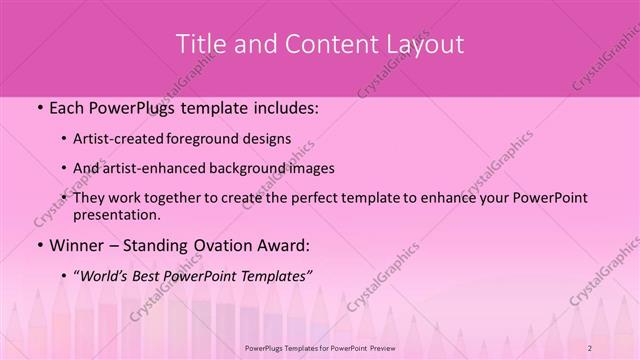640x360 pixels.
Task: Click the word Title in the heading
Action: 199,44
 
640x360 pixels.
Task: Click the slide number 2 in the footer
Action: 591,346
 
